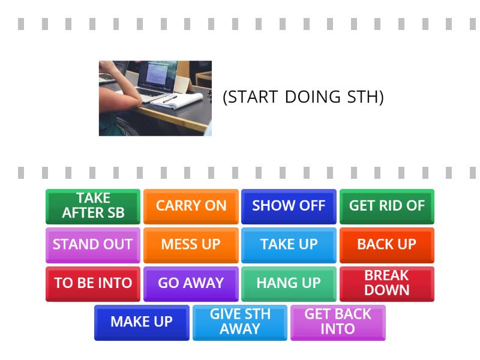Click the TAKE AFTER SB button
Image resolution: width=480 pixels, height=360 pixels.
tap(93, 206)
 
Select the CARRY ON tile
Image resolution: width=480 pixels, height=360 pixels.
tap(191, 206)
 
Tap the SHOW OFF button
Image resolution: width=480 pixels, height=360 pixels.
tap(289, 206)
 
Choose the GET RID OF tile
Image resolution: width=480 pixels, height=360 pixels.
tap(386, 206)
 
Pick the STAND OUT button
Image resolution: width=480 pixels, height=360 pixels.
tap(93, 245)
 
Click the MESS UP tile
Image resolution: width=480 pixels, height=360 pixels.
tap(191, 245)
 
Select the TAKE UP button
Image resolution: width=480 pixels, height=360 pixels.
tap(289, 245)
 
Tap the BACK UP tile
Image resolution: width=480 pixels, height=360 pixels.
tap(386, 245)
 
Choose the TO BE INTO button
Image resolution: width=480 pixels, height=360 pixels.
tap(93, 283)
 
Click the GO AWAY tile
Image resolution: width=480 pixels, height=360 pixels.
tap(191, 283)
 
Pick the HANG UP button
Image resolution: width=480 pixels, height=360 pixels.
tap(289, 283)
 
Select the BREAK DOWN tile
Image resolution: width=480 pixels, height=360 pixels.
tap(386, 283)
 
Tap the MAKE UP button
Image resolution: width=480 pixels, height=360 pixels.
tap(142, 322)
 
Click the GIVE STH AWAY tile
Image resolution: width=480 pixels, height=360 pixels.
tap(240, 322)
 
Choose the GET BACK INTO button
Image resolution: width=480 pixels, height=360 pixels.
tap(338, 322)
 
